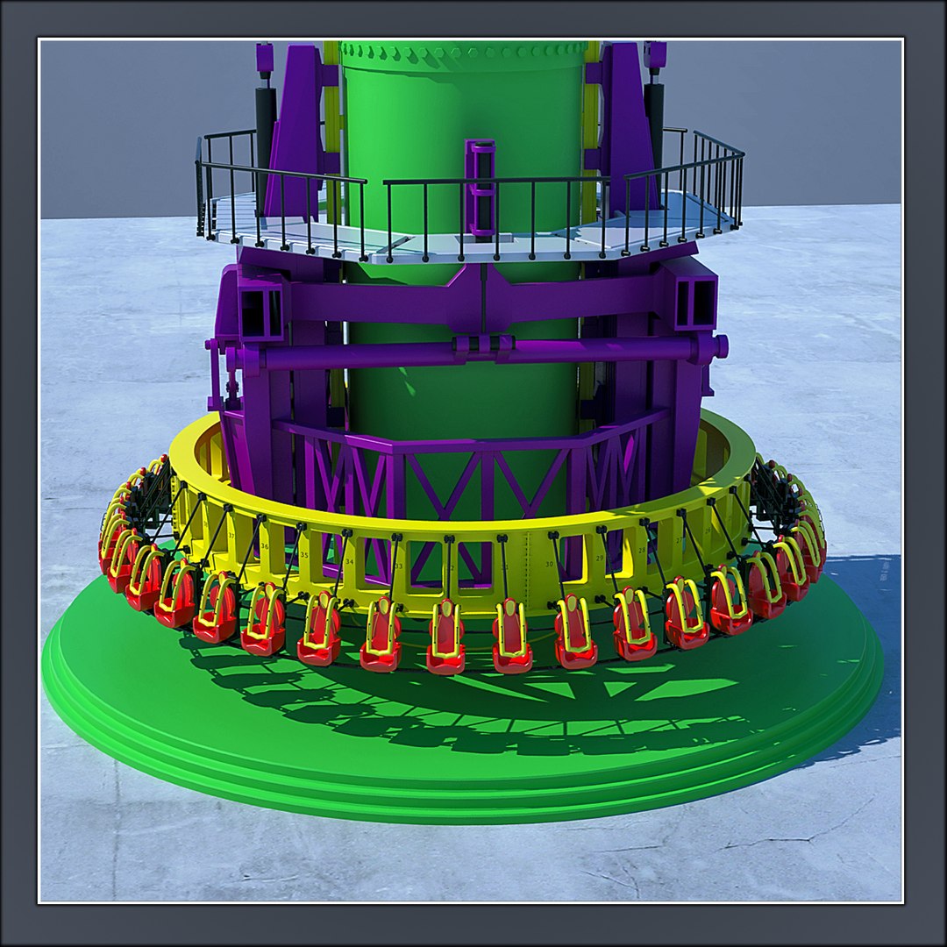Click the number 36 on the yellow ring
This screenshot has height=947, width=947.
(x=264, y=545)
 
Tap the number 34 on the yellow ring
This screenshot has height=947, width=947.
(x=349, y=562)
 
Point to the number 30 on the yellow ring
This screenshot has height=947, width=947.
(x=549, y=564)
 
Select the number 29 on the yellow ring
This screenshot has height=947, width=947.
(x=600, y=558)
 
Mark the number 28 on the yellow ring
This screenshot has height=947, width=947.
(x=642, y=550)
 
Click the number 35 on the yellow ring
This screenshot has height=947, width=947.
(x=303, y=555)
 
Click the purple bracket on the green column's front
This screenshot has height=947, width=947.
(x=481, y=189)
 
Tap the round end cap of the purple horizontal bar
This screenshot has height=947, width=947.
(x=721, y=346)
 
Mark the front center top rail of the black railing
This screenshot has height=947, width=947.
(x=495, y=181)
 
